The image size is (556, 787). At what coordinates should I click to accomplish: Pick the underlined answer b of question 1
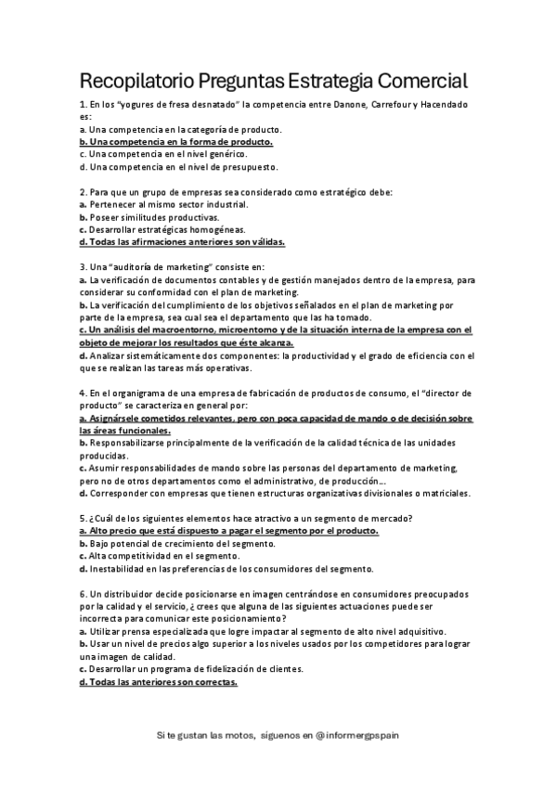(x=176, y=142)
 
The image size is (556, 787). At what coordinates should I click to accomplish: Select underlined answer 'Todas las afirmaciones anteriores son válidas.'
(x=182, y=241)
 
